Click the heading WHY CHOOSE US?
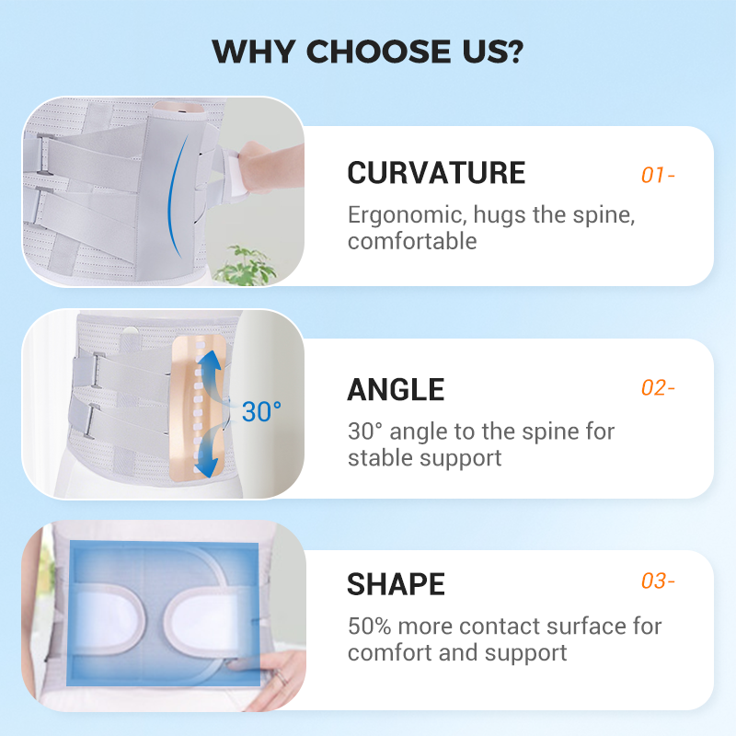368,52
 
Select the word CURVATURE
436,173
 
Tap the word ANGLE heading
396,390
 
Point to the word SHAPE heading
396,584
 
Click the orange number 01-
658,175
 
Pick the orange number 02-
658,388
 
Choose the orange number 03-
658,581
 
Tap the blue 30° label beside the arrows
262,411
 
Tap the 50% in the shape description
369,627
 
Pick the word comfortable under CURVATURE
412,242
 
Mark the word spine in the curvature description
603,216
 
